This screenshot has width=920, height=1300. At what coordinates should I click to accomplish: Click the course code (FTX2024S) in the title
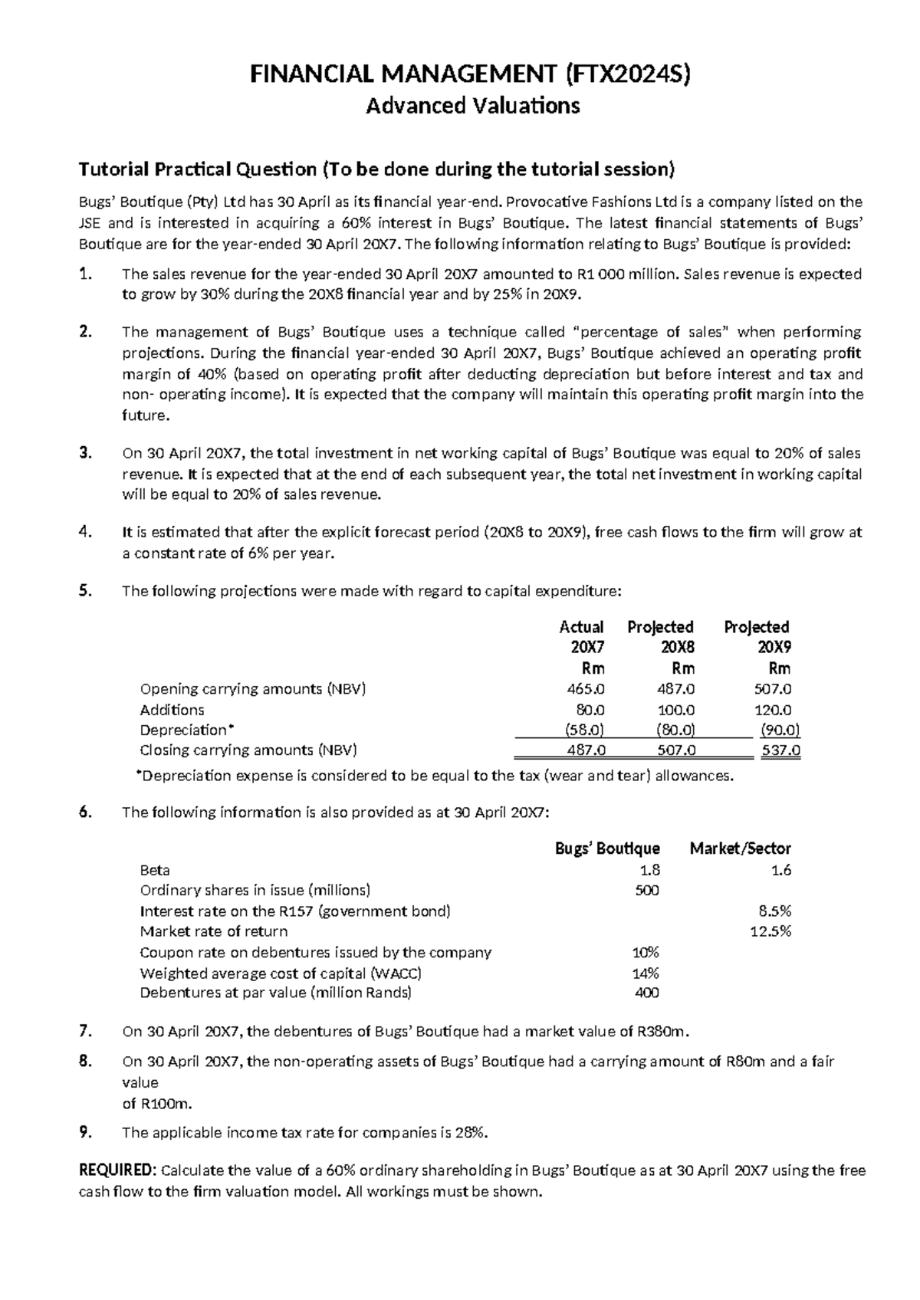pos(627,74)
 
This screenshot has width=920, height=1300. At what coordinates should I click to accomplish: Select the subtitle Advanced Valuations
pos(472,105)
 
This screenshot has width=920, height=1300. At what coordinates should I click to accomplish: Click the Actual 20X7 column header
pos(582,636)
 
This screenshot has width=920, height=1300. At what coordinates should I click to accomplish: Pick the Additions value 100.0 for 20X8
pos(678,710)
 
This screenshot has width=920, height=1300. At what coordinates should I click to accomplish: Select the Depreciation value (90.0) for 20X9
pos(779,730)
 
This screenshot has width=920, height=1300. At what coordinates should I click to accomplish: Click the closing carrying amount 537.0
pos(780,750)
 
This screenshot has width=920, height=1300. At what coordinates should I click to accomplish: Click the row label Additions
pos(172,710)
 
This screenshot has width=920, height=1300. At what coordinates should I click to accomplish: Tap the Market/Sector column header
pos(740,849)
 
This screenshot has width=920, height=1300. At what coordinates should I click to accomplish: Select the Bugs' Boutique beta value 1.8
pos(650,870)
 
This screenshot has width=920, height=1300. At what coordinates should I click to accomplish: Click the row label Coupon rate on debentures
pos(315,953)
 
